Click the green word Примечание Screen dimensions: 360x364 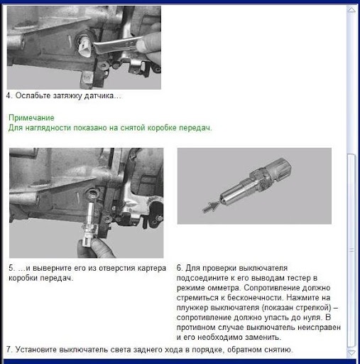click(31, 118)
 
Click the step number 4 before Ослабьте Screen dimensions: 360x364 click(9, 95)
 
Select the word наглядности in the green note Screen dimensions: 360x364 click(48, 128)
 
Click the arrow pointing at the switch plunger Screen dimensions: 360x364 click(211, 206)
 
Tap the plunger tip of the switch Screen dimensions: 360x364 click(222, 200)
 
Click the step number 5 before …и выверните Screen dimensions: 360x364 click(11, 268)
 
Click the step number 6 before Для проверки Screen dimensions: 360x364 click(179, 268)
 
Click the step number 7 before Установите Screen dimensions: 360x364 click(9, 349)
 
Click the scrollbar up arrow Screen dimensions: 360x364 click(351, 10)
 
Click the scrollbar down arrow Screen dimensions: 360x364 click(351, 353)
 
